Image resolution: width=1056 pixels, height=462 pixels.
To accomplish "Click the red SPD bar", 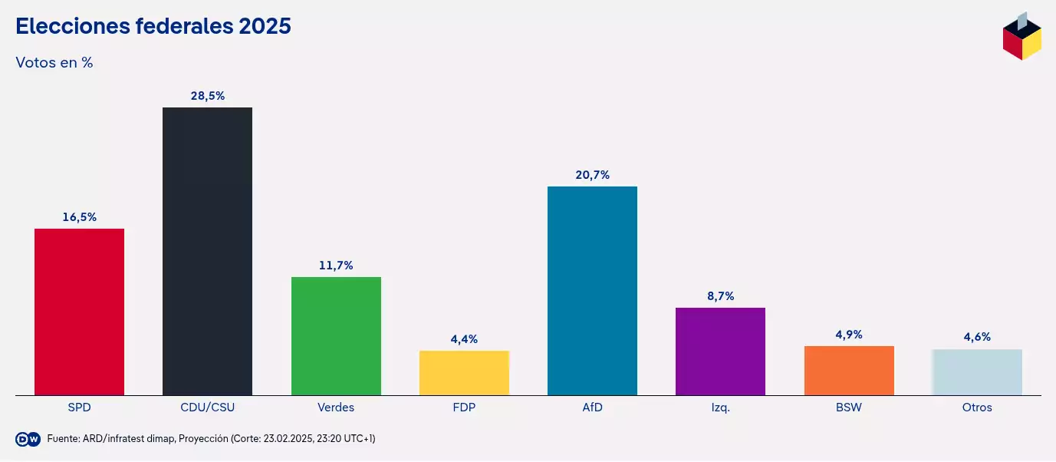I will pos(79,312).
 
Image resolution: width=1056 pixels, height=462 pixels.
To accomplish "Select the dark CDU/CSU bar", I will pos(207,251).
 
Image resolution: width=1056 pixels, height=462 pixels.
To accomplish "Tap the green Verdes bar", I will pos(336,335).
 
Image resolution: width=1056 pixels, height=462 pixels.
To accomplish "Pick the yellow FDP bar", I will pos(464,372).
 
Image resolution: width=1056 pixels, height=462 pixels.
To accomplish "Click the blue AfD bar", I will pos(592,290).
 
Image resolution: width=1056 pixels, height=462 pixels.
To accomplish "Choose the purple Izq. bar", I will pos(720,351).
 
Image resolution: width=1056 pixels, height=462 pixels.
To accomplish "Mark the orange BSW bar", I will pos(849,370).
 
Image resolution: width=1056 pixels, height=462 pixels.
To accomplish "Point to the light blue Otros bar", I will pos(977,371).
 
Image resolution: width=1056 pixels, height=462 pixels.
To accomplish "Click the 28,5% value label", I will pos(207,96).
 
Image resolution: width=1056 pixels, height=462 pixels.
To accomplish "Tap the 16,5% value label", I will pos(79,217).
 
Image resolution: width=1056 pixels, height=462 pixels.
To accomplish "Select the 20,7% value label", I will pos(592,175).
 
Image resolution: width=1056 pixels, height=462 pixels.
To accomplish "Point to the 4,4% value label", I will pos(464,339).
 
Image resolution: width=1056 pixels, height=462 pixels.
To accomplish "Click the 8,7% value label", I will pos(720,296).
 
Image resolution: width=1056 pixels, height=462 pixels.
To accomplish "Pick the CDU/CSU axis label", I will pos(207,408).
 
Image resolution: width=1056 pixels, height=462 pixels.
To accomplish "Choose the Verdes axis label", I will pos(336,408).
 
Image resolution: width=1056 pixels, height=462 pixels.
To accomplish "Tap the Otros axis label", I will pos(977,408).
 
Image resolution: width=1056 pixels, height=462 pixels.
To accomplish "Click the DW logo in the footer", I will pos(28,439).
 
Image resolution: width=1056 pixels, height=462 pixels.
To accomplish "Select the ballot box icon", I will pos(1021,36).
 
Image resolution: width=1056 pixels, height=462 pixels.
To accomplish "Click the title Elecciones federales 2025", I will pos(153,26).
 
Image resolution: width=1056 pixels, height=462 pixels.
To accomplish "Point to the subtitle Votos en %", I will pos(54,63).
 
